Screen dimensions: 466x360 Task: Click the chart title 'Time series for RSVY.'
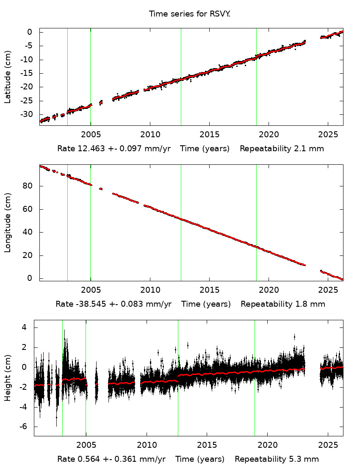pyautogui.click(x=189, y=14)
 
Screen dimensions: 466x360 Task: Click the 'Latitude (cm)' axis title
pyautogui.click(x=8, y=77)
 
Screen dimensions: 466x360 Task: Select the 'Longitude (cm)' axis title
pyautogui.click(x=8, y=223)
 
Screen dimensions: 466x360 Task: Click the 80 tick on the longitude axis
pyautogui.click(x=29, y=186)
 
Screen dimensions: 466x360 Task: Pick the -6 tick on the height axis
pyautogui.click(x=24, y=427)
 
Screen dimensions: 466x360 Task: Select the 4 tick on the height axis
pyautogui.click(x=25, y=327)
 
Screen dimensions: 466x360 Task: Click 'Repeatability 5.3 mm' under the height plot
pyautogui.click(x=277, y=459)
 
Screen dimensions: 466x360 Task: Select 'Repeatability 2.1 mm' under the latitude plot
pyautogui.click(x=282, y=149)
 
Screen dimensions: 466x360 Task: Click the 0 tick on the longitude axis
pyautogui.click(x=30, y=278)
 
